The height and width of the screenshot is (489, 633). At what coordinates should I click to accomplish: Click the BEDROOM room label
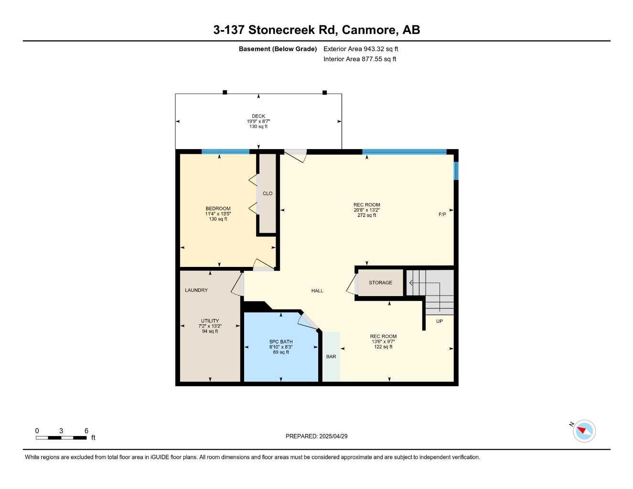[x=218, y=209]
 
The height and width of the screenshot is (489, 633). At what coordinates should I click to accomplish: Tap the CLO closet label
[x=268, y=193]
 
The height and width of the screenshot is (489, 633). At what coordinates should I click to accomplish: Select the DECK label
[x=258, y=116]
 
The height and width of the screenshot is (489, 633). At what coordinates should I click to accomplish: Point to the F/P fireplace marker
[x=442, y=214]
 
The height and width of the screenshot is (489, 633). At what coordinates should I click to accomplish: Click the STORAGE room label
[x=380, y=283]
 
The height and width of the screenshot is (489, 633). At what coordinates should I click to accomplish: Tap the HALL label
[x=317, y=291]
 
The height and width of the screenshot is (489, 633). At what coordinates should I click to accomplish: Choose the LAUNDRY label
[x=196, y=290]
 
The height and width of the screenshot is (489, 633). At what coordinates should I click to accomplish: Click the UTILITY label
[x=210, y=321]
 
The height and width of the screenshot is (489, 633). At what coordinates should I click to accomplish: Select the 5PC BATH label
[x=281, y=342]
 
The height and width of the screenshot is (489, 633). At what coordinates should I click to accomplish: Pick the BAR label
[x=331, y=357]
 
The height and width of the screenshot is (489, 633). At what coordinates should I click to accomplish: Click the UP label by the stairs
[x=440, y=321]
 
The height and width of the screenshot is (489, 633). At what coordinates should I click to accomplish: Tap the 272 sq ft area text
[x=367, y=215]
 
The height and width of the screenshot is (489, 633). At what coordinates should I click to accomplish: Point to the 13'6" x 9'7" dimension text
[x=383, y=341]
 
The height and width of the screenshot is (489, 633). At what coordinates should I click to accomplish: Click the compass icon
[x=584, y=431]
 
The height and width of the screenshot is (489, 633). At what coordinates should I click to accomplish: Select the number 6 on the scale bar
[x=86, y=431]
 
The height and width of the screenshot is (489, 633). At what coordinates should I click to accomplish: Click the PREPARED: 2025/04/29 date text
[x=316, y=436]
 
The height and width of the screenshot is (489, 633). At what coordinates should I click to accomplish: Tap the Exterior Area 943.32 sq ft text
[x=361, y=49]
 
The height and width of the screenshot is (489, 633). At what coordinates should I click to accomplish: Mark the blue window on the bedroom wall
[x=225, y=152]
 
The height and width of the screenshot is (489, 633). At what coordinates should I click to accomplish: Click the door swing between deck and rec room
[x=296, y=155]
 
